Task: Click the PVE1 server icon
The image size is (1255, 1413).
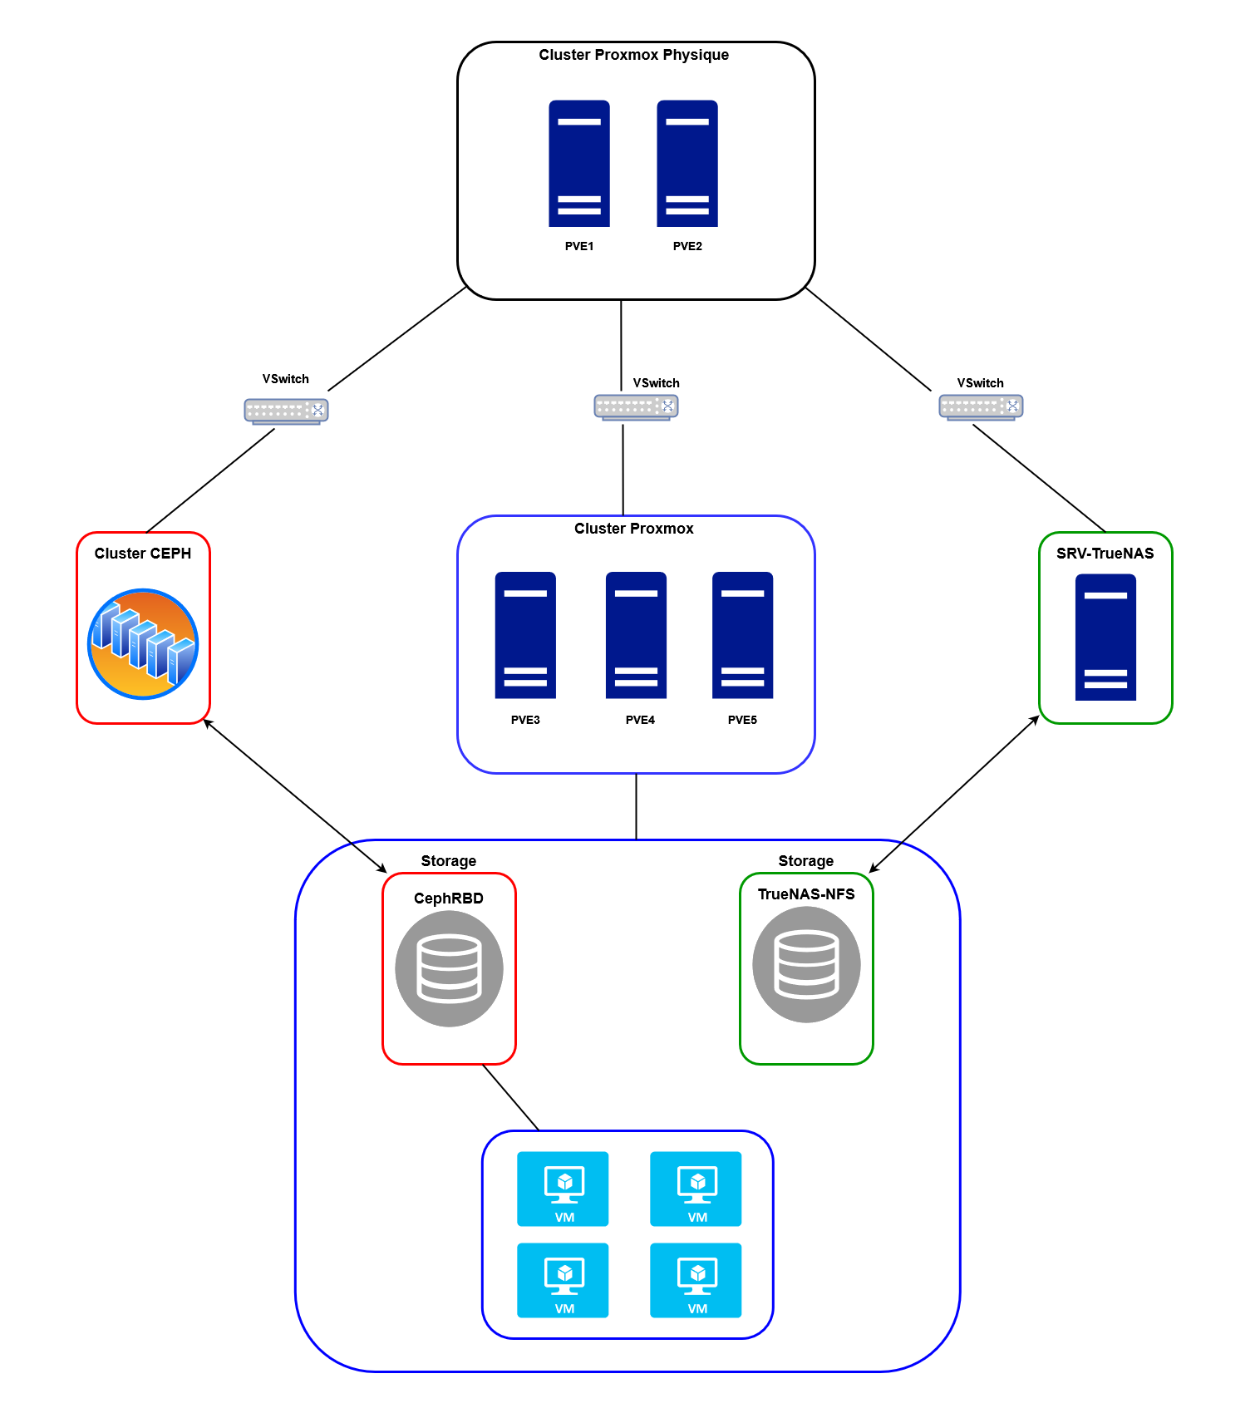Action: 579,164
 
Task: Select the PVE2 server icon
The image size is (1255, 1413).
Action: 687,164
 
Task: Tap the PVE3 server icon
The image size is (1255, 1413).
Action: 525,635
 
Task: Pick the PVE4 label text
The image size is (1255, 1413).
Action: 640,720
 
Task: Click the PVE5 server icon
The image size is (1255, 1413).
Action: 742,635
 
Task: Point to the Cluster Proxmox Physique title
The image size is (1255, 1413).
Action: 633,55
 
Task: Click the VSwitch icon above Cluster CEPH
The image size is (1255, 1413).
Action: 286,411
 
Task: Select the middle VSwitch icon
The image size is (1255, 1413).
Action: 636,406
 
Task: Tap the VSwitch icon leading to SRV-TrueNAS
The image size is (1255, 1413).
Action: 981,406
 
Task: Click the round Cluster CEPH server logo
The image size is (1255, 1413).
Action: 143,644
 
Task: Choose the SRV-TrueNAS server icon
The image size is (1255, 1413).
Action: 1105,637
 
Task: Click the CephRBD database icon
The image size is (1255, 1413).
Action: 449,968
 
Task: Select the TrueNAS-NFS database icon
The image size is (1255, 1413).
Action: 806,964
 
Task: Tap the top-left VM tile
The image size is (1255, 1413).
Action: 563,1189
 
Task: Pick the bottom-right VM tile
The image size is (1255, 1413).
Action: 696,1280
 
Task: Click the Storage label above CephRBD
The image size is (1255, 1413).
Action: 448,861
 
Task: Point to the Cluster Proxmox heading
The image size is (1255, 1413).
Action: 633,529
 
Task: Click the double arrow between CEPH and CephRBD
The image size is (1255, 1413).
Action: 295,795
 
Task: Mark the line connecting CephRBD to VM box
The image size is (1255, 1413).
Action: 510,1097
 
